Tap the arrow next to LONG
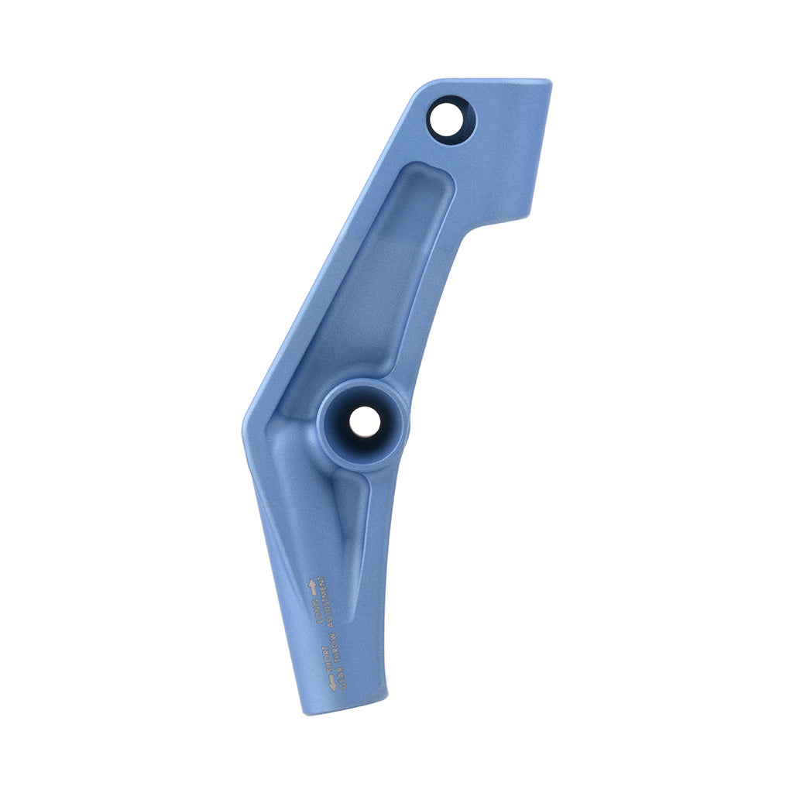tap(313, 586)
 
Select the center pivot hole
tap(364, 422)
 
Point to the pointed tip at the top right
tap(548, 84)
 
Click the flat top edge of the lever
tap(488, 80)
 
